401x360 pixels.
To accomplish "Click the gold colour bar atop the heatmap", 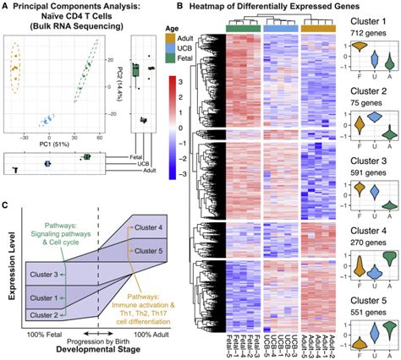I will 318,28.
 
